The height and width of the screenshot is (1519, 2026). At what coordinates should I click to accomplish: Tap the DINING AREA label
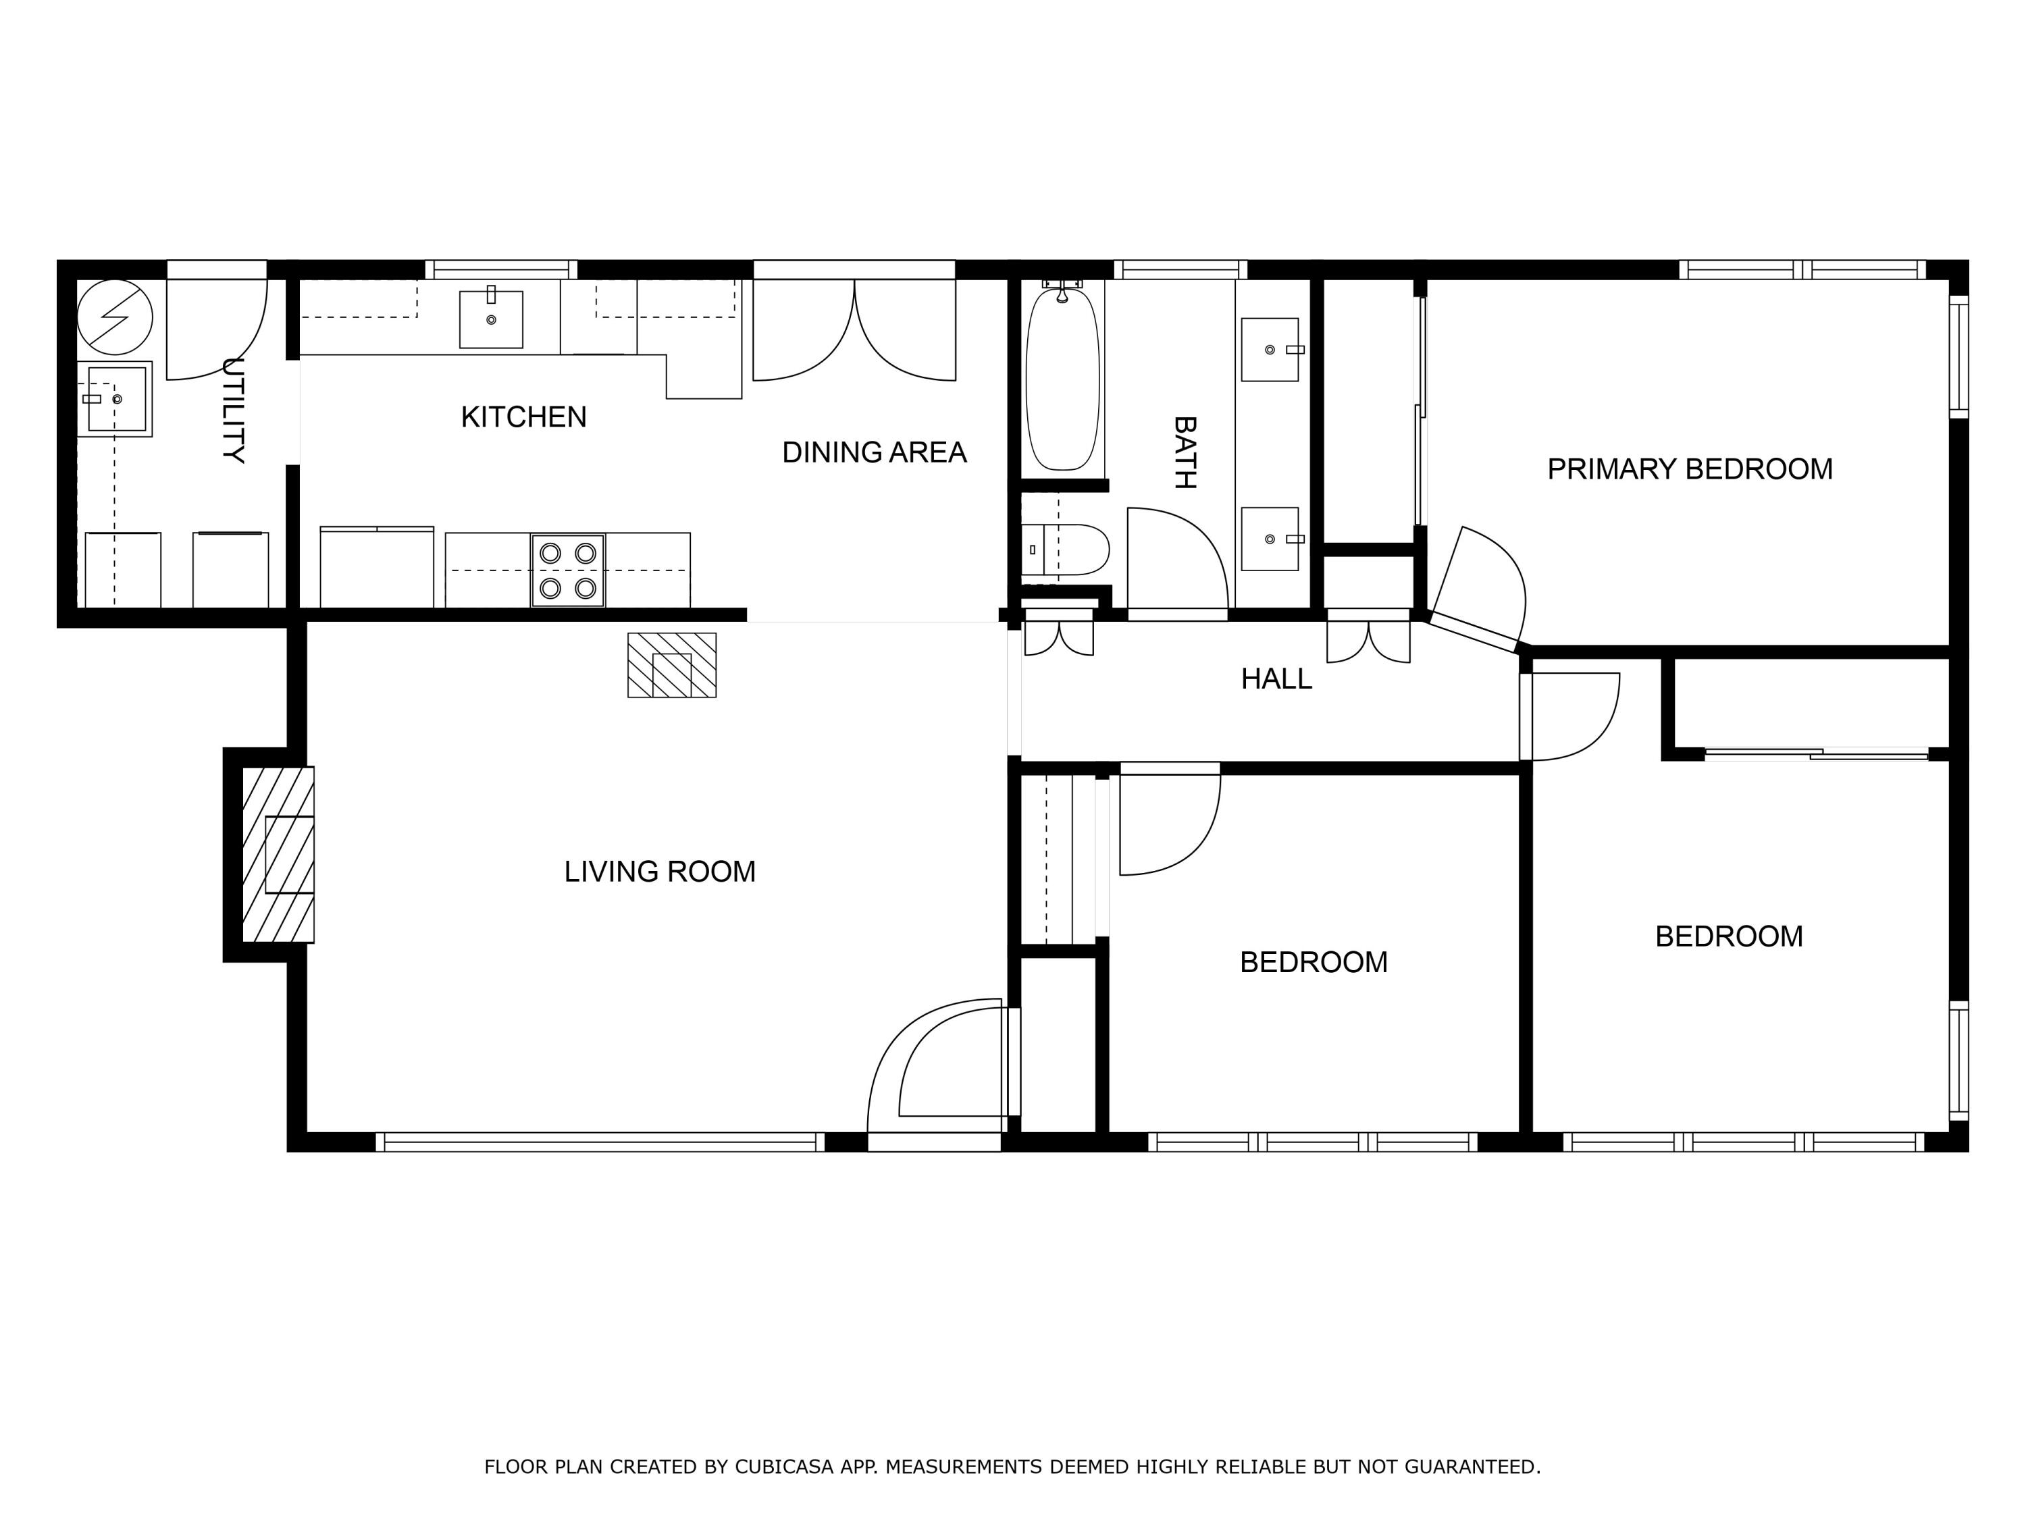pyautogui.click(x=874, y=452)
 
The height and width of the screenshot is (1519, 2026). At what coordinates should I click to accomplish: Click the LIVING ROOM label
pyautogui.click(x=659, y=872)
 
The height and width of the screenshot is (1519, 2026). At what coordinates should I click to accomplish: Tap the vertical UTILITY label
pyautogui.click(x=234, y=411)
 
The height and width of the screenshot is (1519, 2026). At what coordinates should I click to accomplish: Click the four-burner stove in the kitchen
pyautogui.click(x=568, y=570)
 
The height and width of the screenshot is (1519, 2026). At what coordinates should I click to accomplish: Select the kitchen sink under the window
pyautogui.click(x=491, y=319)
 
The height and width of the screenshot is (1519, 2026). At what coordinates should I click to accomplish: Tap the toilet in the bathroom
pyautogui.click(x=1067, y=550)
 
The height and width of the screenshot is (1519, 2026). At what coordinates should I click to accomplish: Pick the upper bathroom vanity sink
pyautogui.click(x=1270, y=350)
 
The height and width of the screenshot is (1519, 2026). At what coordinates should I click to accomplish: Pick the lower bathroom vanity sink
pyautogui.click(x=1270, y=539)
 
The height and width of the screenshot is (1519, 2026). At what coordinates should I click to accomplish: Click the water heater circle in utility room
pyautogui.click(x=115, y=317)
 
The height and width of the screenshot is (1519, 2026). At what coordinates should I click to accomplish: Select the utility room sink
pyautogui.click(x=115, y=399)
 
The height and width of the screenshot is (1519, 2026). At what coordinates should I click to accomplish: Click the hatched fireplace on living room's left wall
pyautogui.click(x=278, y=854)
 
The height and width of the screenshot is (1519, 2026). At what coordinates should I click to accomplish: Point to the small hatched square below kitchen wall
pyautogui.click(x=671, y=666)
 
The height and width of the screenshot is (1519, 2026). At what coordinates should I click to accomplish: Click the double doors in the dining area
pyautogui.click(x=854, y=329)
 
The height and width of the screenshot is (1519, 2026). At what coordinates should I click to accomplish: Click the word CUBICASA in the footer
pyautogui.click(x=783, y=1467)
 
